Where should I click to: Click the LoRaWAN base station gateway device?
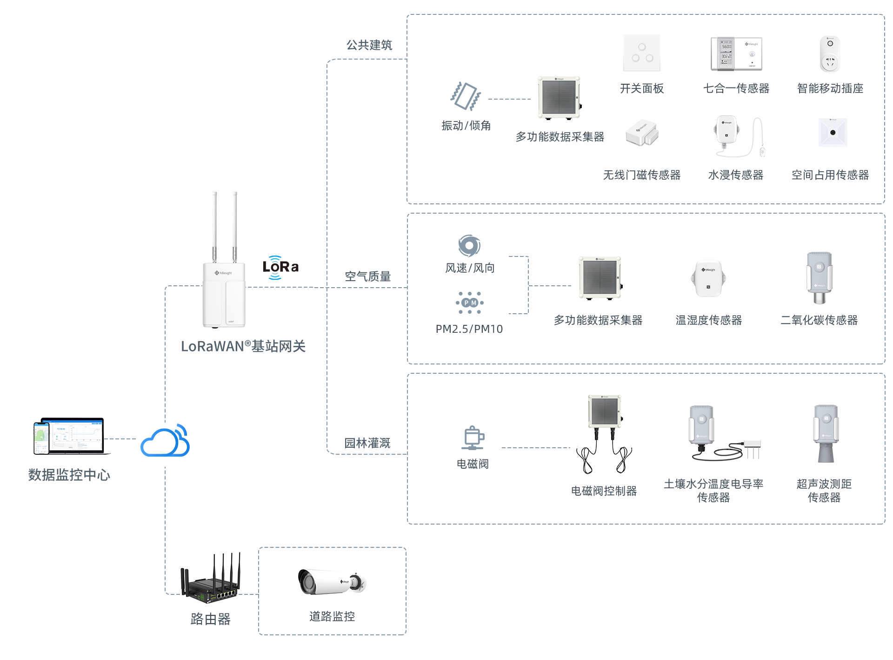(224, 279)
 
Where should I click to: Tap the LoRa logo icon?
(280, 268)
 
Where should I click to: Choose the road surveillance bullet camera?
(332, 582)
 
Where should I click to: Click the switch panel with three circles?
(641, 53)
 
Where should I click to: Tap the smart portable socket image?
(830, 54)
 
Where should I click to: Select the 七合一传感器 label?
(736, 88)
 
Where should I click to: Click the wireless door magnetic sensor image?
(642, 133)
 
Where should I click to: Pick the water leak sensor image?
(739, 136)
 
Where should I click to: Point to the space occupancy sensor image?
(833, 133)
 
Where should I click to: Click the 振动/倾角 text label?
(466, 126)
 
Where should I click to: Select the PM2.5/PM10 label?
(469, 329)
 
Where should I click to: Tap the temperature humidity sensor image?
(708, 278)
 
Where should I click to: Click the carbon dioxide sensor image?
(819, 278)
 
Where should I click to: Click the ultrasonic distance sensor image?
(826, 433)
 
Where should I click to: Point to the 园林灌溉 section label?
(367, 443)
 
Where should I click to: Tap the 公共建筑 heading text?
(369, 45)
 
